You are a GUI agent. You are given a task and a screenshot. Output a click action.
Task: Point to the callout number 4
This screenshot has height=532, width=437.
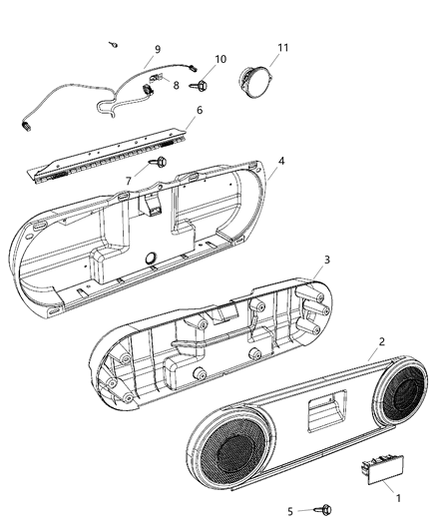pos(281,160)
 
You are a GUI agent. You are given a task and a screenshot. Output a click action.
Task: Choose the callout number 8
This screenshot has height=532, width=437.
pos(177,86)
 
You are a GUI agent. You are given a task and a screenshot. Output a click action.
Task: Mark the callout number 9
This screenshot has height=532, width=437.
pos(157,48)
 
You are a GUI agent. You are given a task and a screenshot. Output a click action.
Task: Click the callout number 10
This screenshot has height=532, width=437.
pos(220,59)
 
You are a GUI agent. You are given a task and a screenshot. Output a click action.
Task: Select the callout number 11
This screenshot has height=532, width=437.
pos(282,47)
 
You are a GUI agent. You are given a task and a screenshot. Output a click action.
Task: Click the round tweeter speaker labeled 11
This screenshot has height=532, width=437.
pos(257,77)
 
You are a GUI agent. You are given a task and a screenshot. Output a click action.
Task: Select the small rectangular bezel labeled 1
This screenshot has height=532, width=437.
pos(373,469)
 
